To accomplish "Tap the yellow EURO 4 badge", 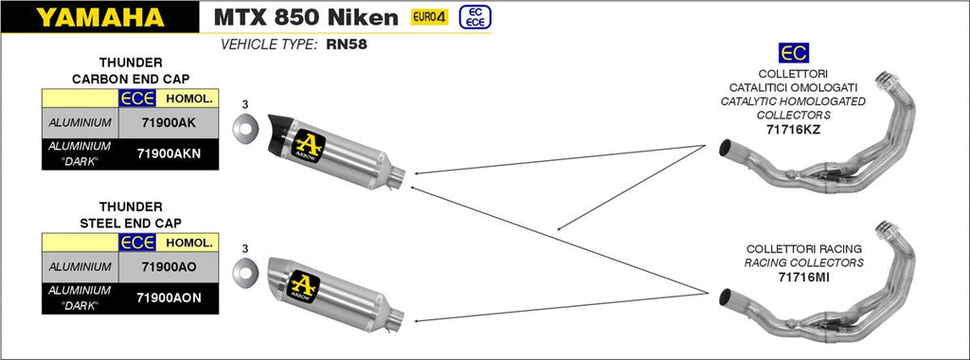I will point(429,17).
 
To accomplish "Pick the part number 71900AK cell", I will point(168,123).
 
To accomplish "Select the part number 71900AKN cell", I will point(168,153).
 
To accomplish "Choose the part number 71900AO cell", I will point(168,268).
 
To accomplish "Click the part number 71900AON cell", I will point(168,297).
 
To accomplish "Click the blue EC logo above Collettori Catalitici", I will point(792,53).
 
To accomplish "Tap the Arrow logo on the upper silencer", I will point(310,144).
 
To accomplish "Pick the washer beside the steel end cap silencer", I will point(244,271).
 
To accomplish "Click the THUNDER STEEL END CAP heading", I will point(130,213).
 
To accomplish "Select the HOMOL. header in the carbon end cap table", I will point(188,98).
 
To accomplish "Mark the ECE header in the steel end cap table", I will point(137,243).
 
